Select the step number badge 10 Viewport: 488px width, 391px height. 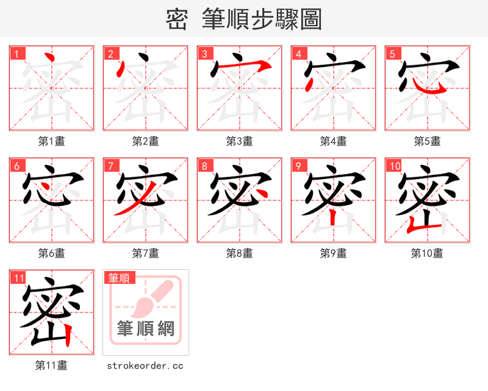point(395,166)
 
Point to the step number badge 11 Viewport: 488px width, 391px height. point(19,278)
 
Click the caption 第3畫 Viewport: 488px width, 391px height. point(239,141)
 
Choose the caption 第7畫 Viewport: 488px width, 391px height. point(145,253)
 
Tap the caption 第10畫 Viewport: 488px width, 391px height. point(427,253)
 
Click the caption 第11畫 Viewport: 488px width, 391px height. point(51,365)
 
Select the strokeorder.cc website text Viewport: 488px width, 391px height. point(145,365)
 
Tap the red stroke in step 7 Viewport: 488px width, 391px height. point(124,206)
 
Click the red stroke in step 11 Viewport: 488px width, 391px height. point(69,334)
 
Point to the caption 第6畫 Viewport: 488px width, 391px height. point(51,253)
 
